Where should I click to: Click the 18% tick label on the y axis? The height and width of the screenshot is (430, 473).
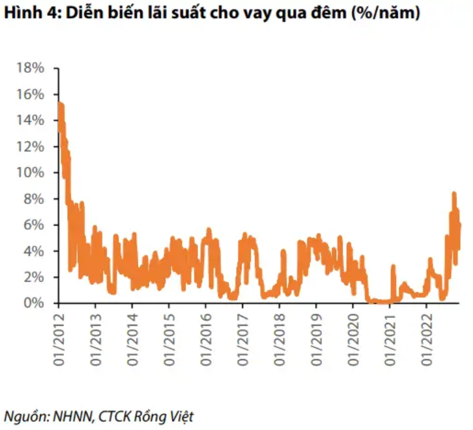coord(31,68)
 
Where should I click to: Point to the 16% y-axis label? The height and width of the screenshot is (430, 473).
coord(31,94)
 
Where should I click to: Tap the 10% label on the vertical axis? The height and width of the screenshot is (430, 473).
coord(31,172)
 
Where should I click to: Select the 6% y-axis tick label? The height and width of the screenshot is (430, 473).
coord(34,225)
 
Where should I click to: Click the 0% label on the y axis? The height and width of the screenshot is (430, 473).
coord(34,303)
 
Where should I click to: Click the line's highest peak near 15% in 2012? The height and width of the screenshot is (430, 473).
coord(59,103)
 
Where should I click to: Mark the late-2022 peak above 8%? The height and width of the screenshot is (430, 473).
coord(454,193)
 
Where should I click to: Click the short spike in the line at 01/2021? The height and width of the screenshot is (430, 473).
coord(392,267)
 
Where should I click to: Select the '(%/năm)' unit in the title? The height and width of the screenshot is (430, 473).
coord(386,14)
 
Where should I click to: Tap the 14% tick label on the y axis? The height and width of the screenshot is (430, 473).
coord(31,120)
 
